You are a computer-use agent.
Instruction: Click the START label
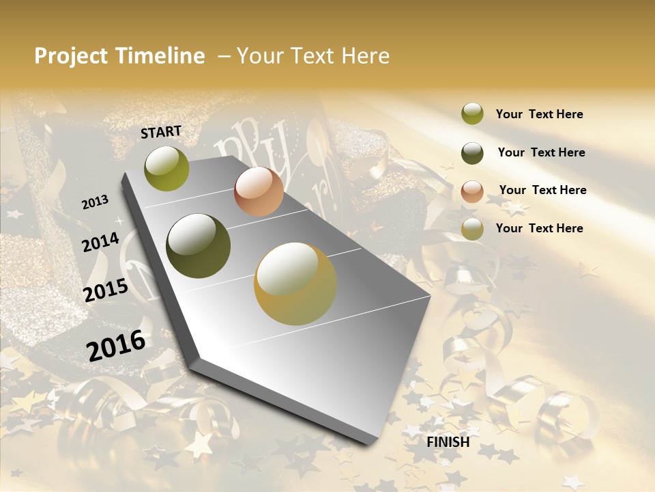pos(161,132)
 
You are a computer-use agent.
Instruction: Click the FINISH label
pos(448,442)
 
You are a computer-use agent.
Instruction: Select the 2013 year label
pos(96,202)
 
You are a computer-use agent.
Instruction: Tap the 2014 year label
pos(101,242)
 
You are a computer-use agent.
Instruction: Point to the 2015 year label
pos(106,290)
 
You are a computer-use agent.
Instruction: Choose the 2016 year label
pos(116,345)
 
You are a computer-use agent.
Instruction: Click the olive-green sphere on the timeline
pos(166,168)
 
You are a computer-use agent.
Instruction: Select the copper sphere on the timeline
pos(259,191)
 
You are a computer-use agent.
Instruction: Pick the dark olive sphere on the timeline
pos(199,246)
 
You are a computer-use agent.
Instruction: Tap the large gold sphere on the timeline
pos(295,284)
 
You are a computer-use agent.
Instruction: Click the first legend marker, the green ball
pos(472,114)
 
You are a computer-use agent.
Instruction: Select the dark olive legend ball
pos(472,153)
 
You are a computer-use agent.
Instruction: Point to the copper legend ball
pos(472,191)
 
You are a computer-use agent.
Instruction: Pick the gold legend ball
pos(472,229)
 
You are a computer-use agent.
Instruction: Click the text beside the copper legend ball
pos(542,190)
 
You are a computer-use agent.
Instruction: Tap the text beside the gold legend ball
pos(539,228)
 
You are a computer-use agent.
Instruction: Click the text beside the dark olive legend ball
pos(541,152)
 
